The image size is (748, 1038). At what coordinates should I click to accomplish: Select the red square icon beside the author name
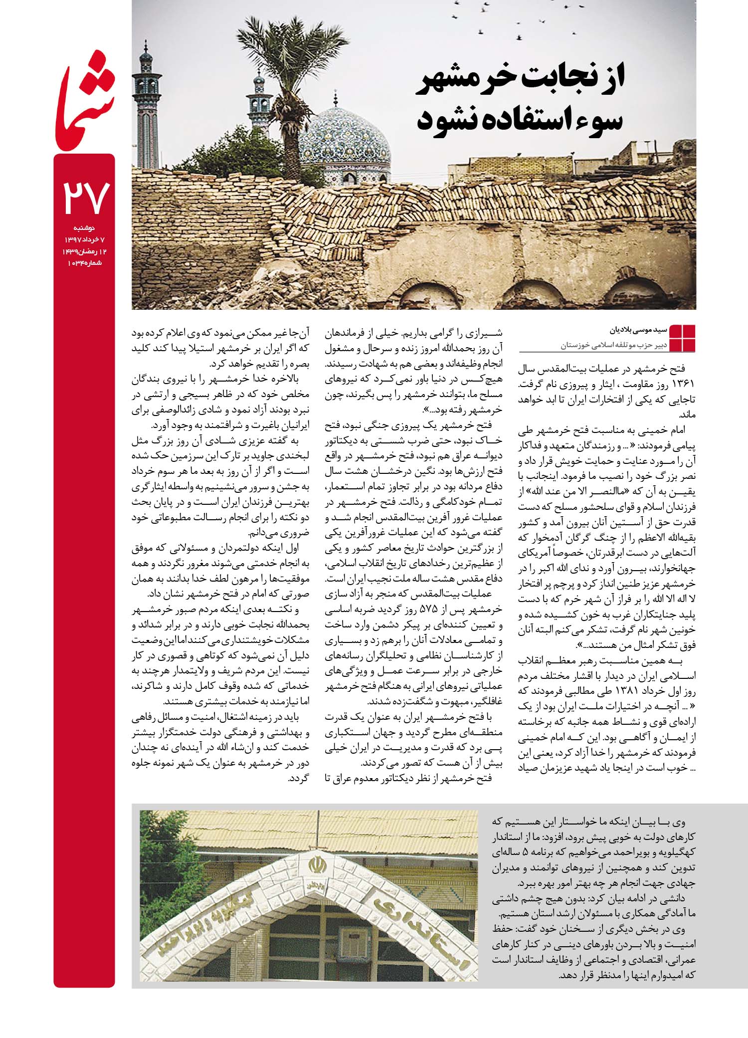point(682,338)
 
